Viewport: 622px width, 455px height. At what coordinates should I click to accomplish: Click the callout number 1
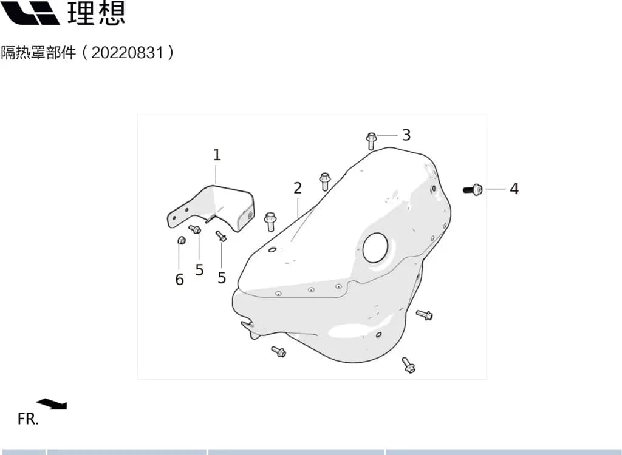pyautogui.click(x=217, y=155)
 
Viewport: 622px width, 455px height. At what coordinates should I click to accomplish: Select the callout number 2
pyautogui.click(x=298, y=188)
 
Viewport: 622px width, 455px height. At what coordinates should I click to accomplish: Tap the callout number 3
pyautogui.click(x=406, y=135)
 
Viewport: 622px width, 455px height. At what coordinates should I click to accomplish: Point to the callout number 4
pyautogui.click(x=514, y=189)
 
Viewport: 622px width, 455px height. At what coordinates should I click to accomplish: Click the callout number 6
pyautogui.click(x=179, y=280)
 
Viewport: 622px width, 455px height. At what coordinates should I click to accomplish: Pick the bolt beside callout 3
pyautogui.click(x=371, y=141)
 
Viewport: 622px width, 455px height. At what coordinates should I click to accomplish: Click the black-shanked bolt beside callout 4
pyautogui.click(x=473, y=190)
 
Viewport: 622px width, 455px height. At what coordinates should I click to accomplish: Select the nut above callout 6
pyautogui.click(x=181, y=240)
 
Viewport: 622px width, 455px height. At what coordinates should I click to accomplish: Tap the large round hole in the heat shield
pyautogui.click(x=374, y=248)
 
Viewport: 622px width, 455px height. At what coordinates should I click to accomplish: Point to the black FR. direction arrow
pyautogui.click(x=52, y=404)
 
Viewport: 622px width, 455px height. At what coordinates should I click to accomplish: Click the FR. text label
pyautogui.click(x=28, y=419)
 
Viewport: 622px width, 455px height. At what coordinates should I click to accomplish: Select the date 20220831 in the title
pyautogui.click(x=128, y=52)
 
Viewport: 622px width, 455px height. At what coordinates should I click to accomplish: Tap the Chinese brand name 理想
pyautogui.click(x=97, y=13)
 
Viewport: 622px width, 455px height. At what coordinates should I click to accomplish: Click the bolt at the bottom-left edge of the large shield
pyautogui.click(x=278, y=351)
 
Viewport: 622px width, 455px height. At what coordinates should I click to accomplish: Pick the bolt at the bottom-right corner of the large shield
pyautogui.click(x=408, y=365)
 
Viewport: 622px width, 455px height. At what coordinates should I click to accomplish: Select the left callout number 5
pyautogui.click(x=199, y=270)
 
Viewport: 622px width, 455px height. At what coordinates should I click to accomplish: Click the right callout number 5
pyautogui.click(x=222, y=278)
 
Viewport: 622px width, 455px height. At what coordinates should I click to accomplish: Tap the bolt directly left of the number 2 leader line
pyautogui.click(x=270, y=221)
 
